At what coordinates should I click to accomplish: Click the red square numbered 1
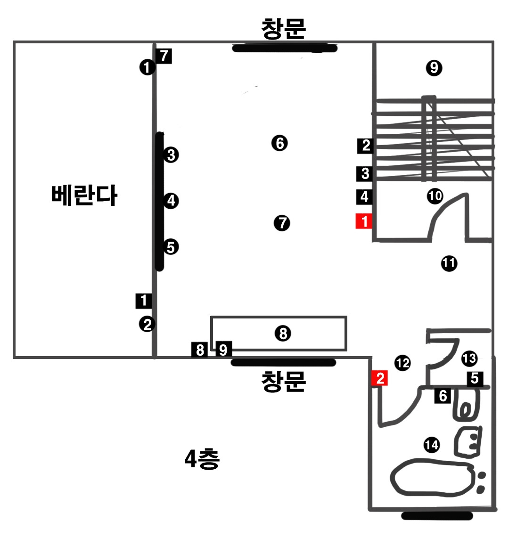364,221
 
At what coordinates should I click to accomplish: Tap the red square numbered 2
380,378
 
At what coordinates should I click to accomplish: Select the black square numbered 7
164,56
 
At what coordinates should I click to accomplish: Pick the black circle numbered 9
434,68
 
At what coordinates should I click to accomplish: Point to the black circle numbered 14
431,445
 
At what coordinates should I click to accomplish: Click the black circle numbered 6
279,143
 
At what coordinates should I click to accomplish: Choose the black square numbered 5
475,378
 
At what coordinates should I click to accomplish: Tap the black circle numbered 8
283,334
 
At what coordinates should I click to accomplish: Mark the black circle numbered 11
449,263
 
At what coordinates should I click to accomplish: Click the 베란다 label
84,195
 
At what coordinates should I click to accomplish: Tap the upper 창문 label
284,28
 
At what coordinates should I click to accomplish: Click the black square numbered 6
443,396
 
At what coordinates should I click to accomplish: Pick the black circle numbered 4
171,201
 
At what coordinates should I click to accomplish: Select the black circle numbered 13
469,359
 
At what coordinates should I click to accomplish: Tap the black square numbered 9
223,350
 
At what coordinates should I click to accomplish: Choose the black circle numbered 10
435,196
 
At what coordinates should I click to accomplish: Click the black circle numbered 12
402,363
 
